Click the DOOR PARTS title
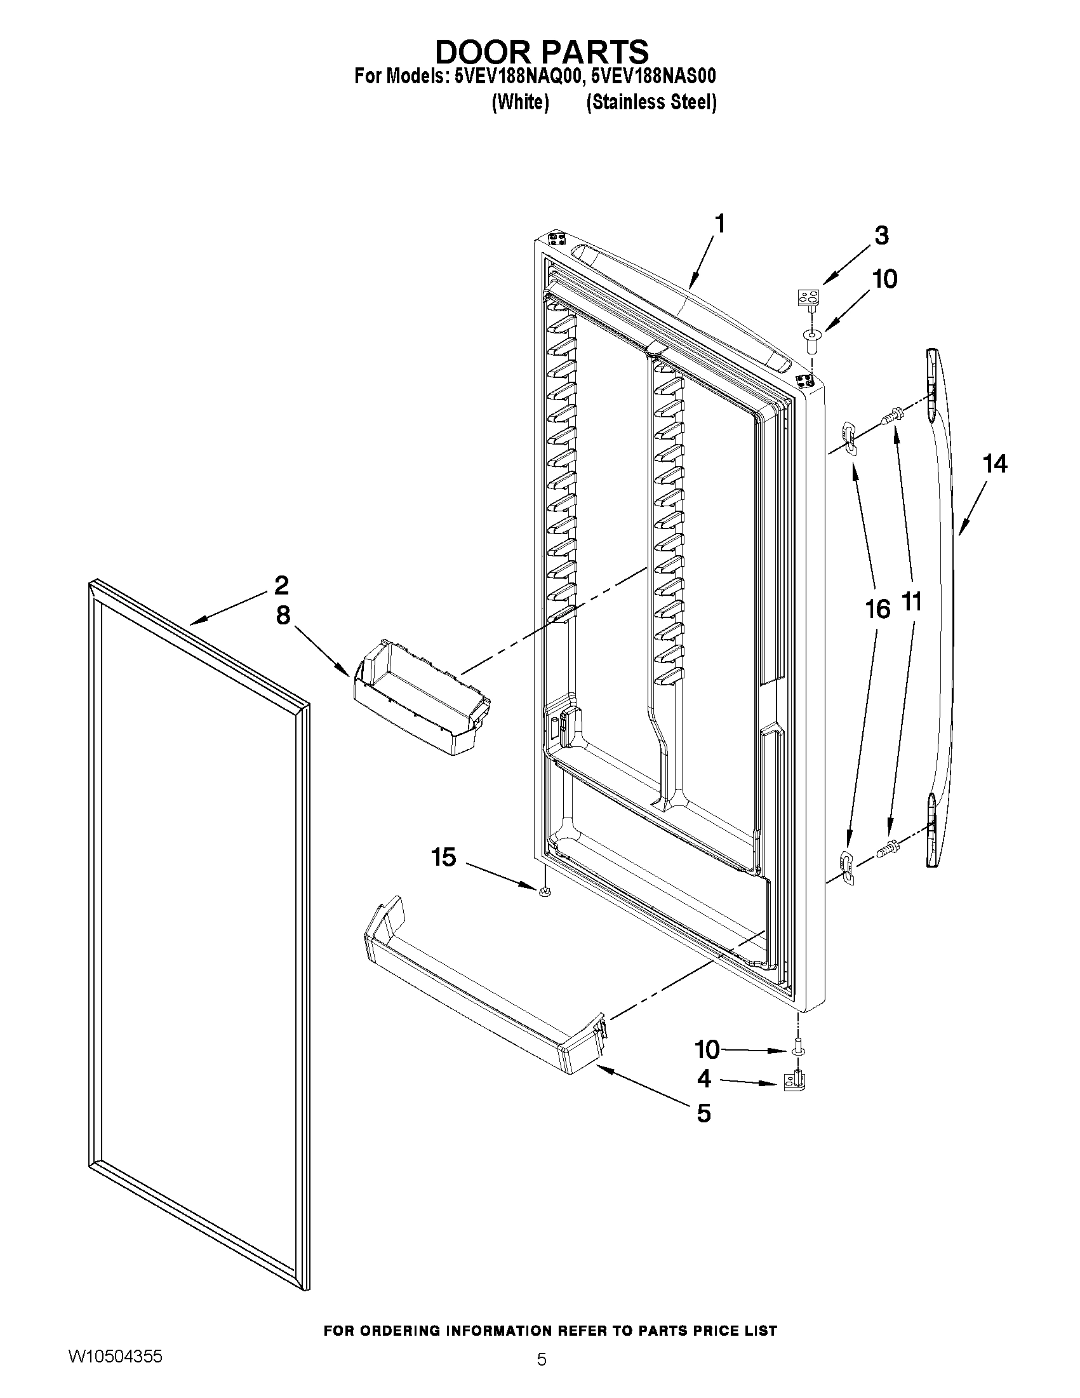click(x=542, y=51)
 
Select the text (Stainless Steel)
click(x=651, y=102)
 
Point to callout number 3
click(x=881, y=236)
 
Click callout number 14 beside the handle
click(x=994, y=464)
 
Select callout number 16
click(x=877, y=608)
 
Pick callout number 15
click(x=443, y=856)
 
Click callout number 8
click(x=283, y=615)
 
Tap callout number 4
click(x=703, y=1079)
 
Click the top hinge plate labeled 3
click(x=809, y=298)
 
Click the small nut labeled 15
click(x=544, y=892)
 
